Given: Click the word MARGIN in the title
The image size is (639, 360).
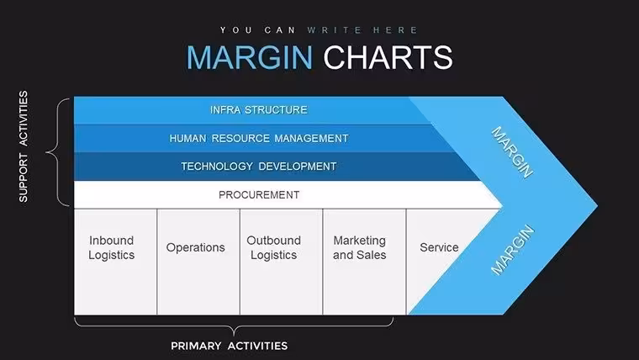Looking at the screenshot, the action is [x=250, y=57].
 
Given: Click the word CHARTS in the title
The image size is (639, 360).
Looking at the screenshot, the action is [x=388, y=57].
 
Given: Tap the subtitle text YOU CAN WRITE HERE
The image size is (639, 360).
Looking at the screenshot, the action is [x=319, y=30].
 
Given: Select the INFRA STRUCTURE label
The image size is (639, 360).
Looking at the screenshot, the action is [x=259, y=110].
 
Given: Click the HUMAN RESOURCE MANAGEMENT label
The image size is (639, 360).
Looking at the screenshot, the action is [x=259, y=139].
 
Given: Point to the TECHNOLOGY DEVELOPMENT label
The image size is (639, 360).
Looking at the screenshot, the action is [x=259, y=167].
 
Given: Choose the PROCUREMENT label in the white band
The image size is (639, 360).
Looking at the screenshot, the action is [x=259, y=195].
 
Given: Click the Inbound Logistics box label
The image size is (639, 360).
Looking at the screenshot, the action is [x=111, y=247].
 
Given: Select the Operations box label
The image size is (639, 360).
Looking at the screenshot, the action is [x=196, y=247].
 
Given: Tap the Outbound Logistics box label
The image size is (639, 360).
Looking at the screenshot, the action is [x=274, y=247].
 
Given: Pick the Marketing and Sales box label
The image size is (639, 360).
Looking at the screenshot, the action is [x=360, y=247].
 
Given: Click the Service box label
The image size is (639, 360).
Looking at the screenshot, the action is [x=439, y=247].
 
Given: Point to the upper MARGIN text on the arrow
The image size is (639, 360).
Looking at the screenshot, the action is [x=512, y=152].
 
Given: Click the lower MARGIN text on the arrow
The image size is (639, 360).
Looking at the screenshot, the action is [x=512, y=250].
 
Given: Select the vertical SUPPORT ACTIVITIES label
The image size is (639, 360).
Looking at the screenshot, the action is [x=24, y=146].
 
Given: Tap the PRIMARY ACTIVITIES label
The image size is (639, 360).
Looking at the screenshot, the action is [x=229, y=347].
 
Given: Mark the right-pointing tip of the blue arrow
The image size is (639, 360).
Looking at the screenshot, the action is [x=598, y=206].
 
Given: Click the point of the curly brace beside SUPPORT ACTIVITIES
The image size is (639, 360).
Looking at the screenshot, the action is [x=46, y=152].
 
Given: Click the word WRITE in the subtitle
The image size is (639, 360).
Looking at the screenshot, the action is [x=335, y=30].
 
